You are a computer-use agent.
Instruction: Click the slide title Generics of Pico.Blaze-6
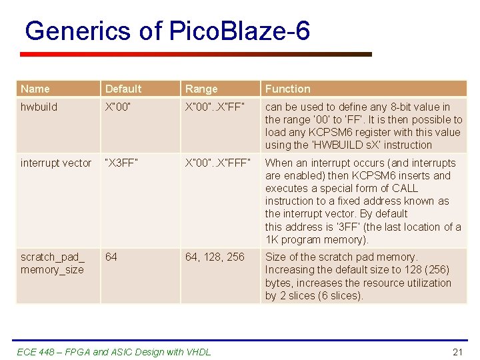click(167, 31)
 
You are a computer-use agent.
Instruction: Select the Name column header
click(35, 89)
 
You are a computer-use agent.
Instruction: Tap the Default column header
click(123, 89)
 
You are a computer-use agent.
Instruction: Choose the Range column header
click(201, 89)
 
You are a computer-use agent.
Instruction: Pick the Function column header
click(287, 89)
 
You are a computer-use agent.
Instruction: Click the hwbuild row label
click(39, 107)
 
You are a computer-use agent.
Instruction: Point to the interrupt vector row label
click(56, 163)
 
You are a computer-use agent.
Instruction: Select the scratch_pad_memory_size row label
click(53, 263)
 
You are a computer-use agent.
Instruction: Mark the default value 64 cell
click(111, 257)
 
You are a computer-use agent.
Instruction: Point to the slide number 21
click(457, 351)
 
